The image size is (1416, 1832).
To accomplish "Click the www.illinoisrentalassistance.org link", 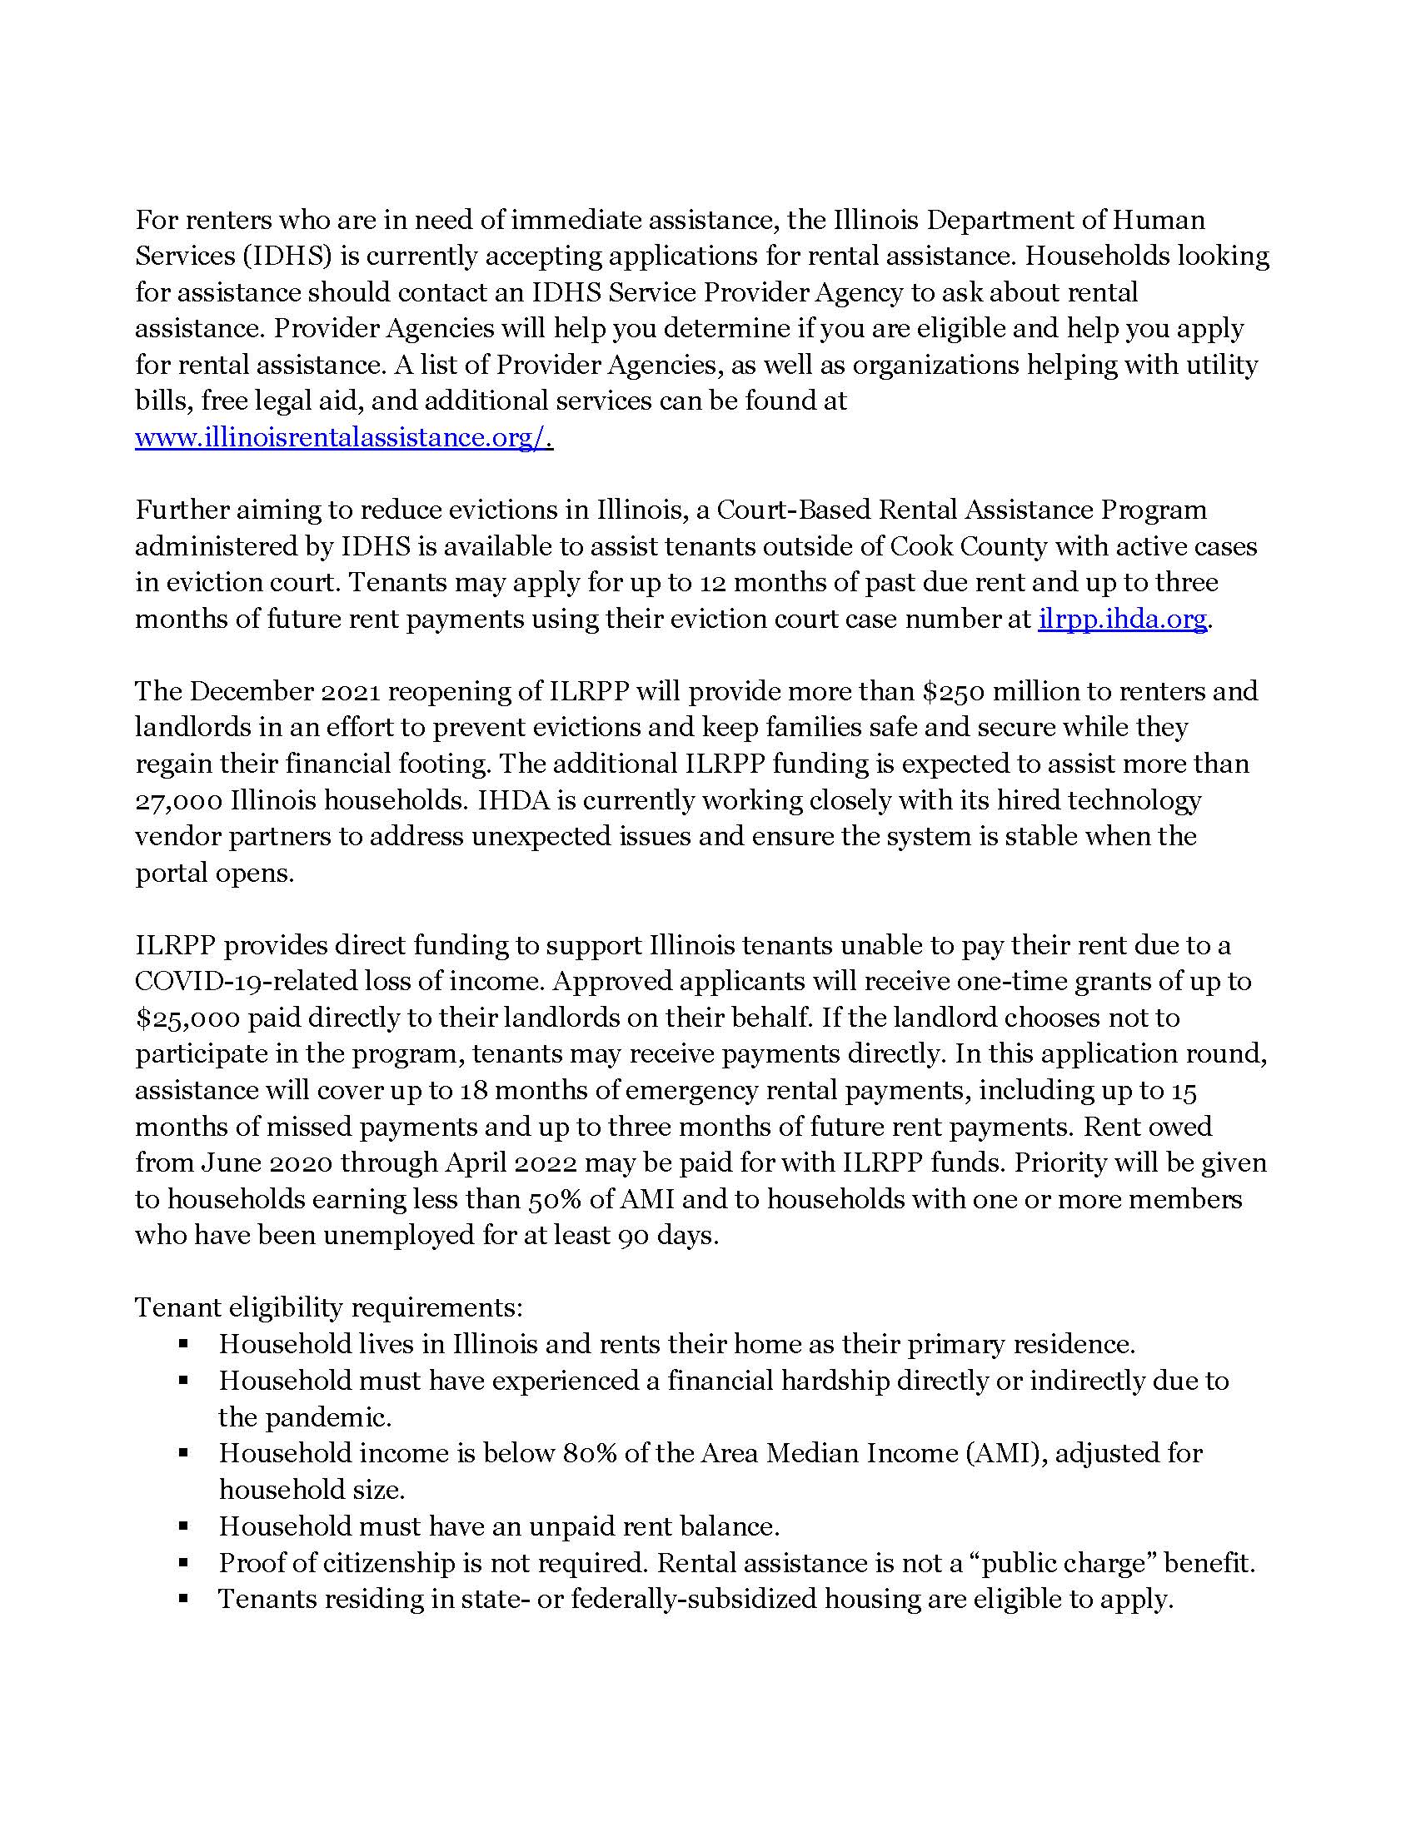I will click(x=342, y=438).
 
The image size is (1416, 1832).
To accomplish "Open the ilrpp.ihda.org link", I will click(x=1122, y=619).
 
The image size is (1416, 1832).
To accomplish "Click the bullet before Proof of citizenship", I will click(x=184, y=1564).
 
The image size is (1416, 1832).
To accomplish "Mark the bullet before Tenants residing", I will click(x=184, y=1600).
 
